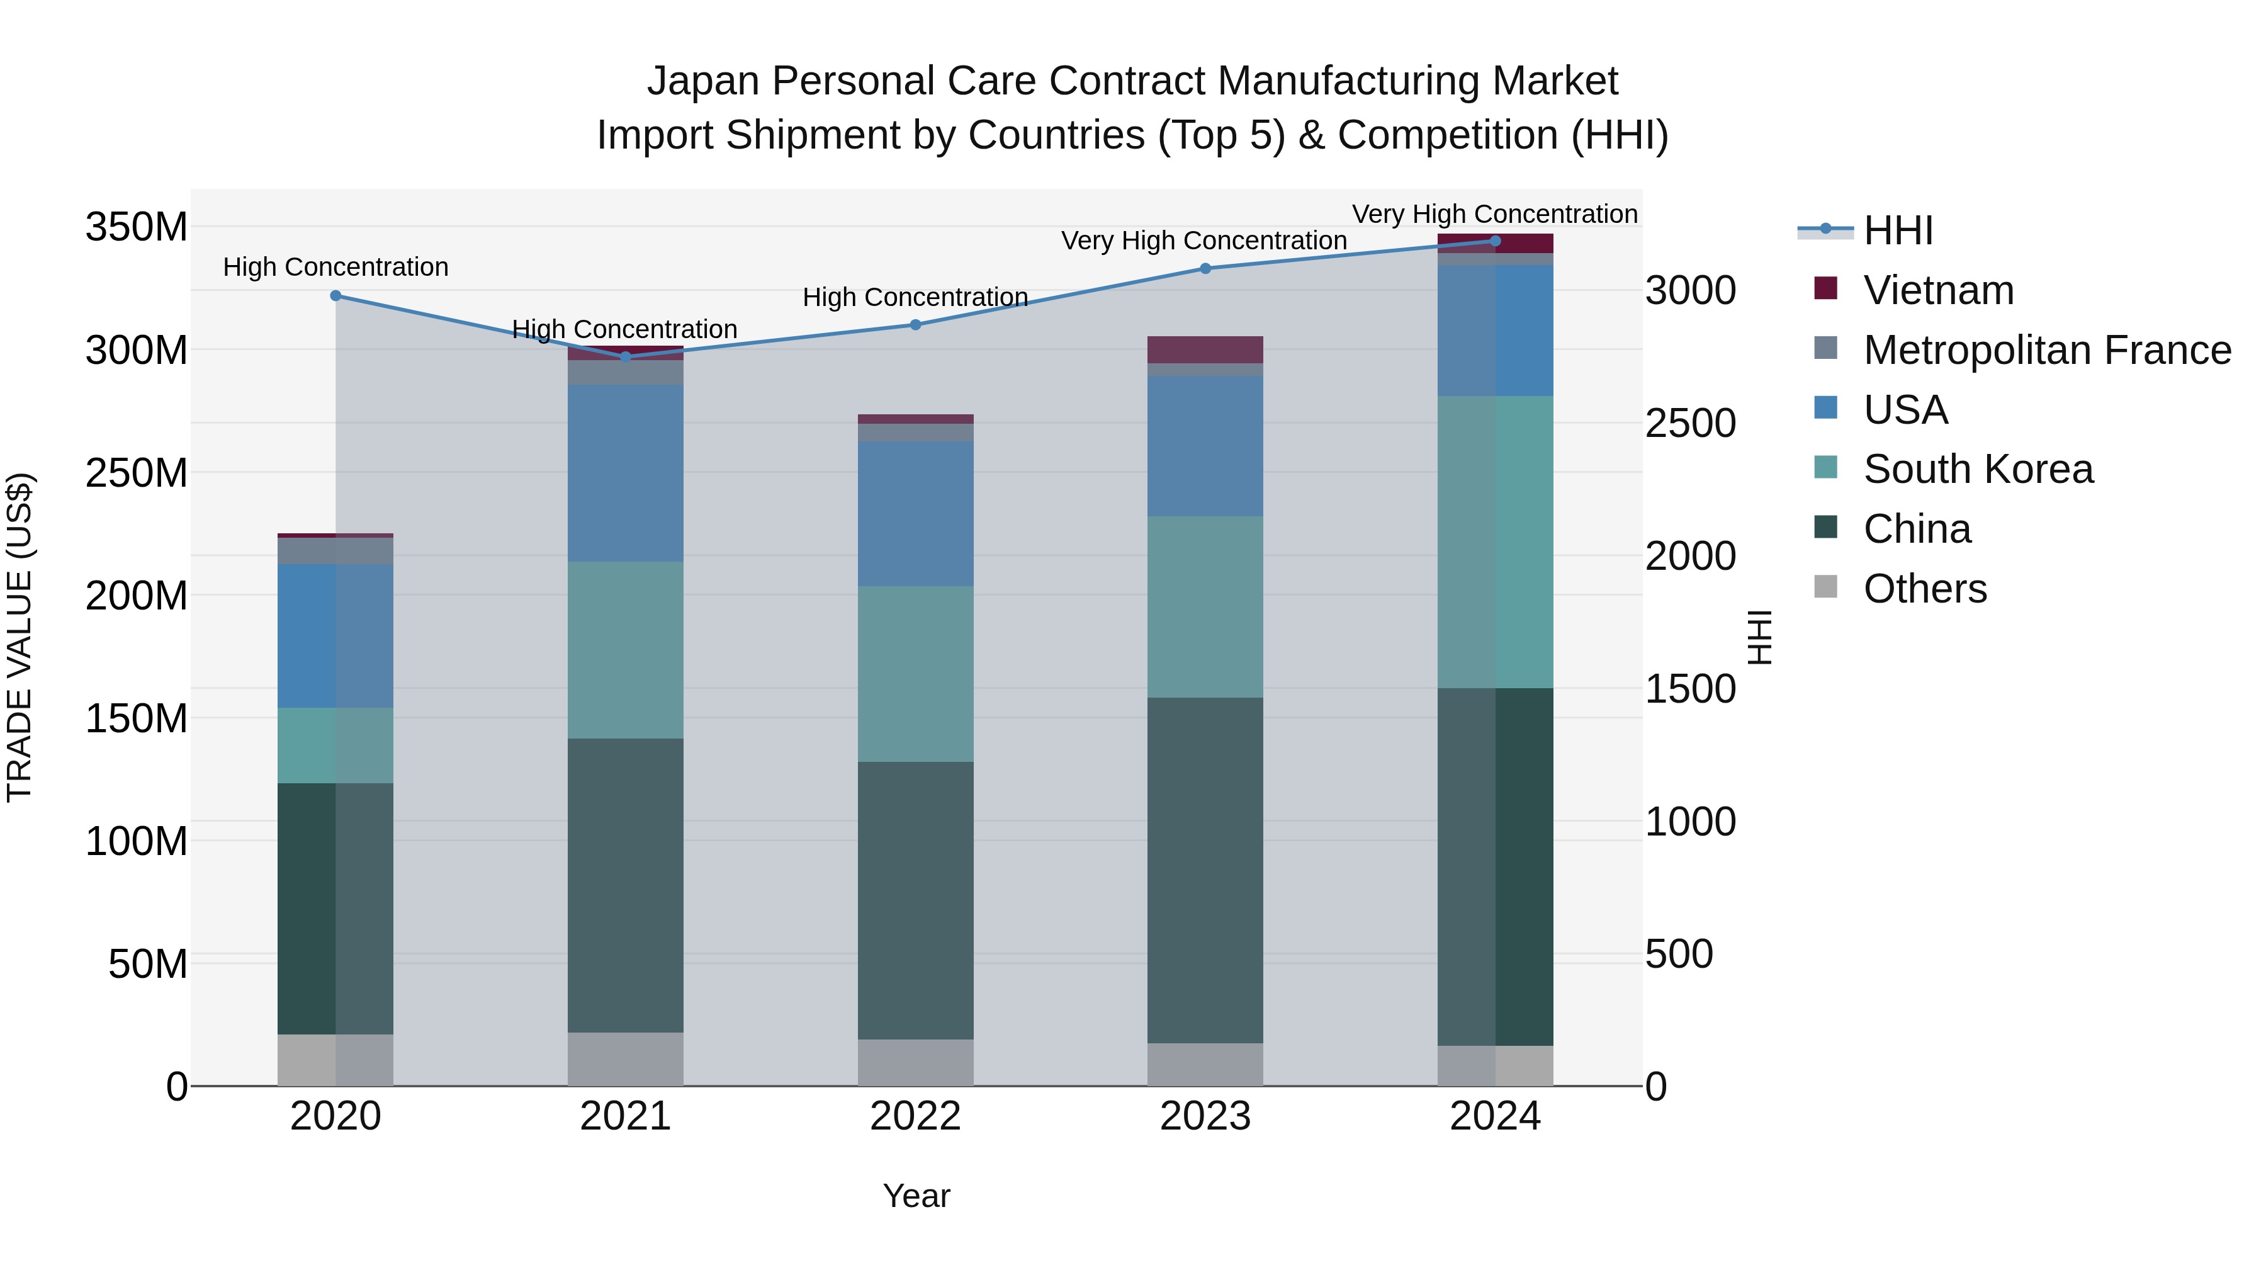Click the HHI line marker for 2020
[x=335, y=296]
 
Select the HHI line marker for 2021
[x=626, y=356]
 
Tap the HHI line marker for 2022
[x=915, y=325]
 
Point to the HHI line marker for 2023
[x=1205, y=268]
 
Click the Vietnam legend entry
[x=1938, y=290]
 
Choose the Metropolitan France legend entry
[x=2046, y=350]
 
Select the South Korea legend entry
[x=1978, y=469]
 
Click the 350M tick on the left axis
[x=137, y=227]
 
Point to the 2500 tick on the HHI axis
[x=1691, y=423]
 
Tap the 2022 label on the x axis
[x=915, y=1116]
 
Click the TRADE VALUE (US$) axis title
[x=20, y=637]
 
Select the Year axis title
[x=916, y=1196]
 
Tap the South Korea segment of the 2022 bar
[x=915, y=673]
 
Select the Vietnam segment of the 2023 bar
[x=1205, y=349]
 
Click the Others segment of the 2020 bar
[x=335, y=1060]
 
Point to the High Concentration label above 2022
[x=915, y=297]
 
